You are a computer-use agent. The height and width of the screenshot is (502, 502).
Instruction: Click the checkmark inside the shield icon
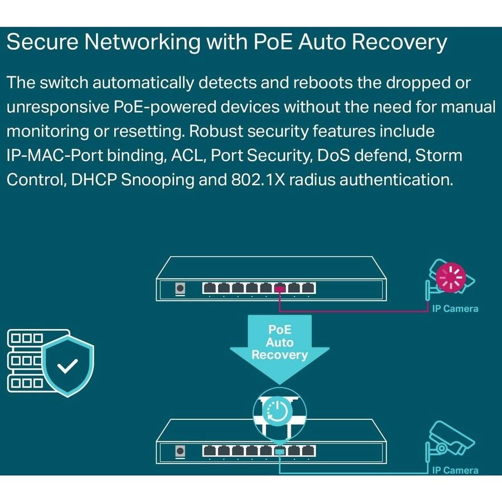69,366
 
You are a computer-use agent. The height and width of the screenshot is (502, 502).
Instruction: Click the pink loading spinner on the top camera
451,278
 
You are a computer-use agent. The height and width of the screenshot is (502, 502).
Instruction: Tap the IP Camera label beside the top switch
455,308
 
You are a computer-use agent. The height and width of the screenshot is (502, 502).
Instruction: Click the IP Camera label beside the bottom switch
455,470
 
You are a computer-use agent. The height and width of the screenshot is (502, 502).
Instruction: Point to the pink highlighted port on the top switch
281,288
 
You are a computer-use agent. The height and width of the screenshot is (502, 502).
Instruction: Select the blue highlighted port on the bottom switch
281,450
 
